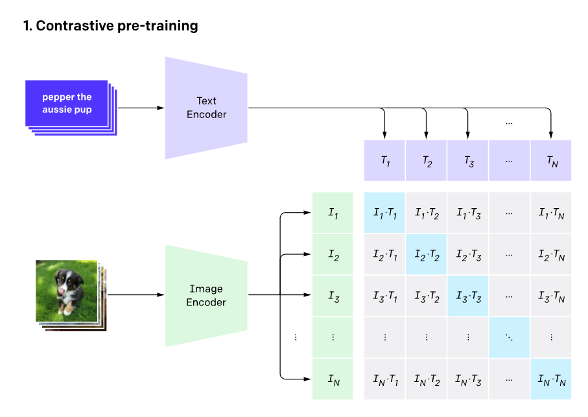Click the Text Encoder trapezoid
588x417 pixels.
pyautogui.click(x=206, y=108)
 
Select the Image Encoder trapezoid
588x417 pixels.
pyautogui.click(x=206, y=295)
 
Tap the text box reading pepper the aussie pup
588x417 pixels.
pyautogui.click(x=67, y=103)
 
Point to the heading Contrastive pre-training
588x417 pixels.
pyautogui.click(x=110, y=27)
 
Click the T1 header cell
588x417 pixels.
pyautogui.click(x=384, y=160)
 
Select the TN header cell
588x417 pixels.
pyautogui.click(x=551, y=160)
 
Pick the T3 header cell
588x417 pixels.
pyautogui.click(x=467, y=160)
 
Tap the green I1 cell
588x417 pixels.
pyautogui.click(x=333, y=213)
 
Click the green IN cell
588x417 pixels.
pyautogui.click(x=333, y=379)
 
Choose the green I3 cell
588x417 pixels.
pyautogui.click(x=333, y=296)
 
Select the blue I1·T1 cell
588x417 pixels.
pyautogui.click(x=384, y=213)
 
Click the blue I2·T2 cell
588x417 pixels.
pyautogui.click(x=426, y=254)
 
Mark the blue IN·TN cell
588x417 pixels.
pyautogui.click(x=551, y=379)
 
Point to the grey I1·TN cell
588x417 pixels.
pyautogui.click(x=551, y=213)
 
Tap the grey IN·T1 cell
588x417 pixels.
pyautogui.click(x=384, y=379)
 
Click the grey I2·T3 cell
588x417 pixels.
pyautogui.click(x=467, y=254)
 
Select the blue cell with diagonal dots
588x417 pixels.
pyautogui.click(x=509, y=337)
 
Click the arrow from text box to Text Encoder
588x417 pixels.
pyautogui.click(x=141, y=108)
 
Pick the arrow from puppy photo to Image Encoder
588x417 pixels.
pyautogui.click(x=136, y=295)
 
